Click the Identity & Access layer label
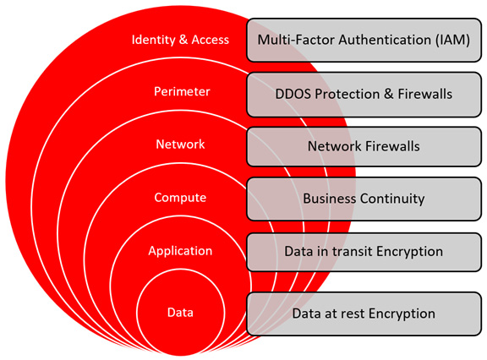180,40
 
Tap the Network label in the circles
180,145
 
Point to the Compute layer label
180,198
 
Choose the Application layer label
180,251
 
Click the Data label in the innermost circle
180,313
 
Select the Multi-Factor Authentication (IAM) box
364,40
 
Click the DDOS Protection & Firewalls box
364,94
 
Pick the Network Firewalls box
364,146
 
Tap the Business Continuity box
364,199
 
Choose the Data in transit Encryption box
364,251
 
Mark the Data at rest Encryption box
364,314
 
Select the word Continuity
395,199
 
